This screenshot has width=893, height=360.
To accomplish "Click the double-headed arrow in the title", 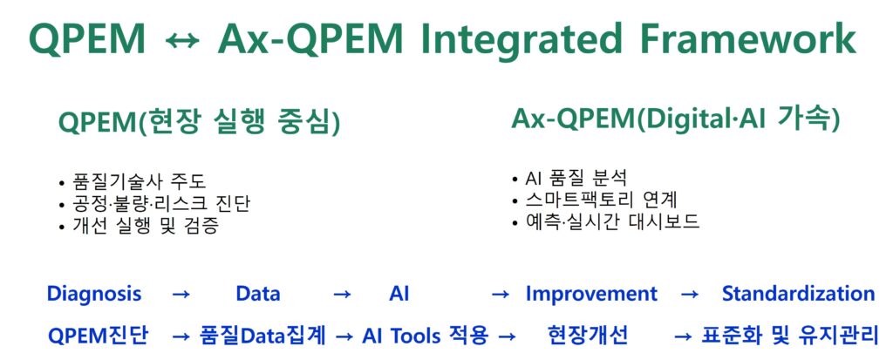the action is point(182,40).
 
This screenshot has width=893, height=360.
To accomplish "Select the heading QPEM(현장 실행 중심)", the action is point(199,123).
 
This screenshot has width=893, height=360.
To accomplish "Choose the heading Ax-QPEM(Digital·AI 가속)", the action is point(676,119).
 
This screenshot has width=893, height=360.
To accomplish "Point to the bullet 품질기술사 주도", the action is point(133,182).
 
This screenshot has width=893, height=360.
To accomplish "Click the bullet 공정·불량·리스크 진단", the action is point(154,204).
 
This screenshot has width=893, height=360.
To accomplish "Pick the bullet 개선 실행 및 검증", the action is point(139,226).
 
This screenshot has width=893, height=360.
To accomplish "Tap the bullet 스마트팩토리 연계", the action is point(595,200).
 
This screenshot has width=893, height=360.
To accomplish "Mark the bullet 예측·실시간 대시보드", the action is point(606,221).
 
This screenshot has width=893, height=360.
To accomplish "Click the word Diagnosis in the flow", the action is point(94,295).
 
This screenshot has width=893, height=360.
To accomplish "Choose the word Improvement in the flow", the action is point(591,295).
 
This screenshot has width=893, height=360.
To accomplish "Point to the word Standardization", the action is point(799,294).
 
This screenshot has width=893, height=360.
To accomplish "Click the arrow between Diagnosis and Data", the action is point(181,295).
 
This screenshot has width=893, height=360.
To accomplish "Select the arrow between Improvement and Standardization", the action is point(690,295).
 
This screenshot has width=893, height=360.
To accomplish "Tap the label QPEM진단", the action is point(98,336).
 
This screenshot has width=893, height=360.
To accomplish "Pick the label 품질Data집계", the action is point(262,336).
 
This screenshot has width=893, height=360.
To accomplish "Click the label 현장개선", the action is point(588,336).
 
